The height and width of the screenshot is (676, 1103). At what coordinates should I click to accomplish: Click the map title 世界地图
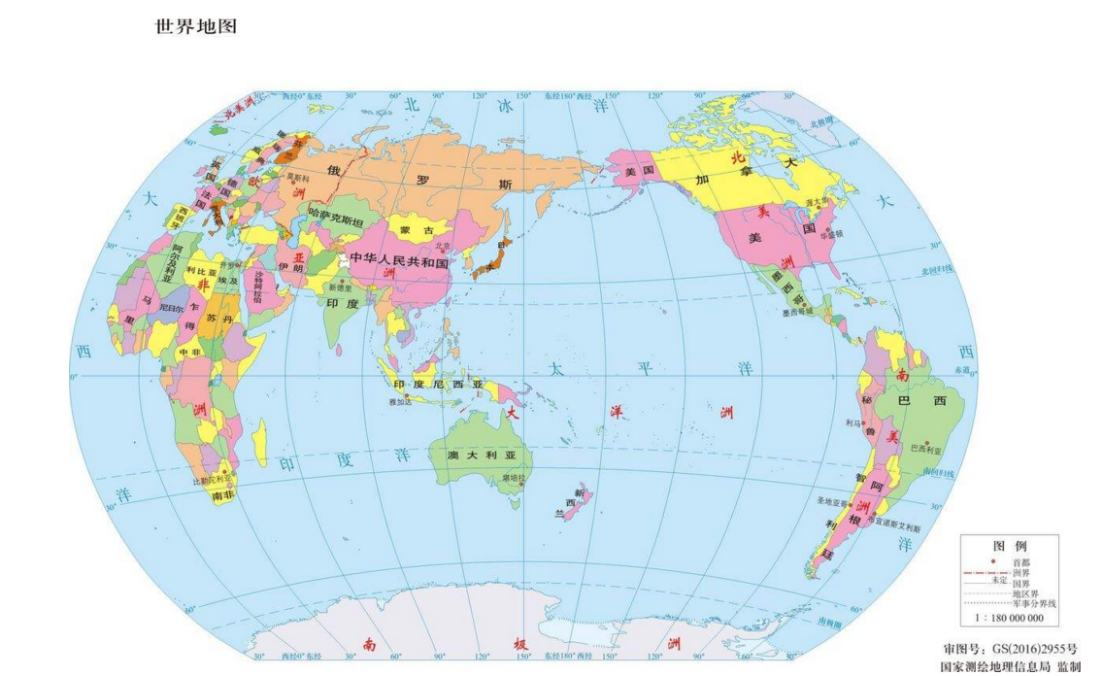(x=196, y=26)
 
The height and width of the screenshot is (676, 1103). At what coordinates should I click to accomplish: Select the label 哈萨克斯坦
(x=335, y=222)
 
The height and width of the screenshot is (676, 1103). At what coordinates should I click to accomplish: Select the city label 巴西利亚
(x=926, y=448)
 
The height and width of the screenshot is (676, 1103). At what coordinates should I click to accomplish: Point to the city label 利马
(x=853, y=422)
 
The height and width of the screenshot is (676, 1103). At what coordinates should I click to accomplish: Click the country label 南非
(x=222, y=495)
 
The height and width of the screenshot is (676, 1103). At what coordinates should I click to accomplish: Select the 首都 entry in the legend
(x=1020, y=562)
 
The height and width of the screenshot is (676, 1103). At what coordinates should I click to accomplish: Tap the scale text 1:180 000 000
(x=1009, y=617)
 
